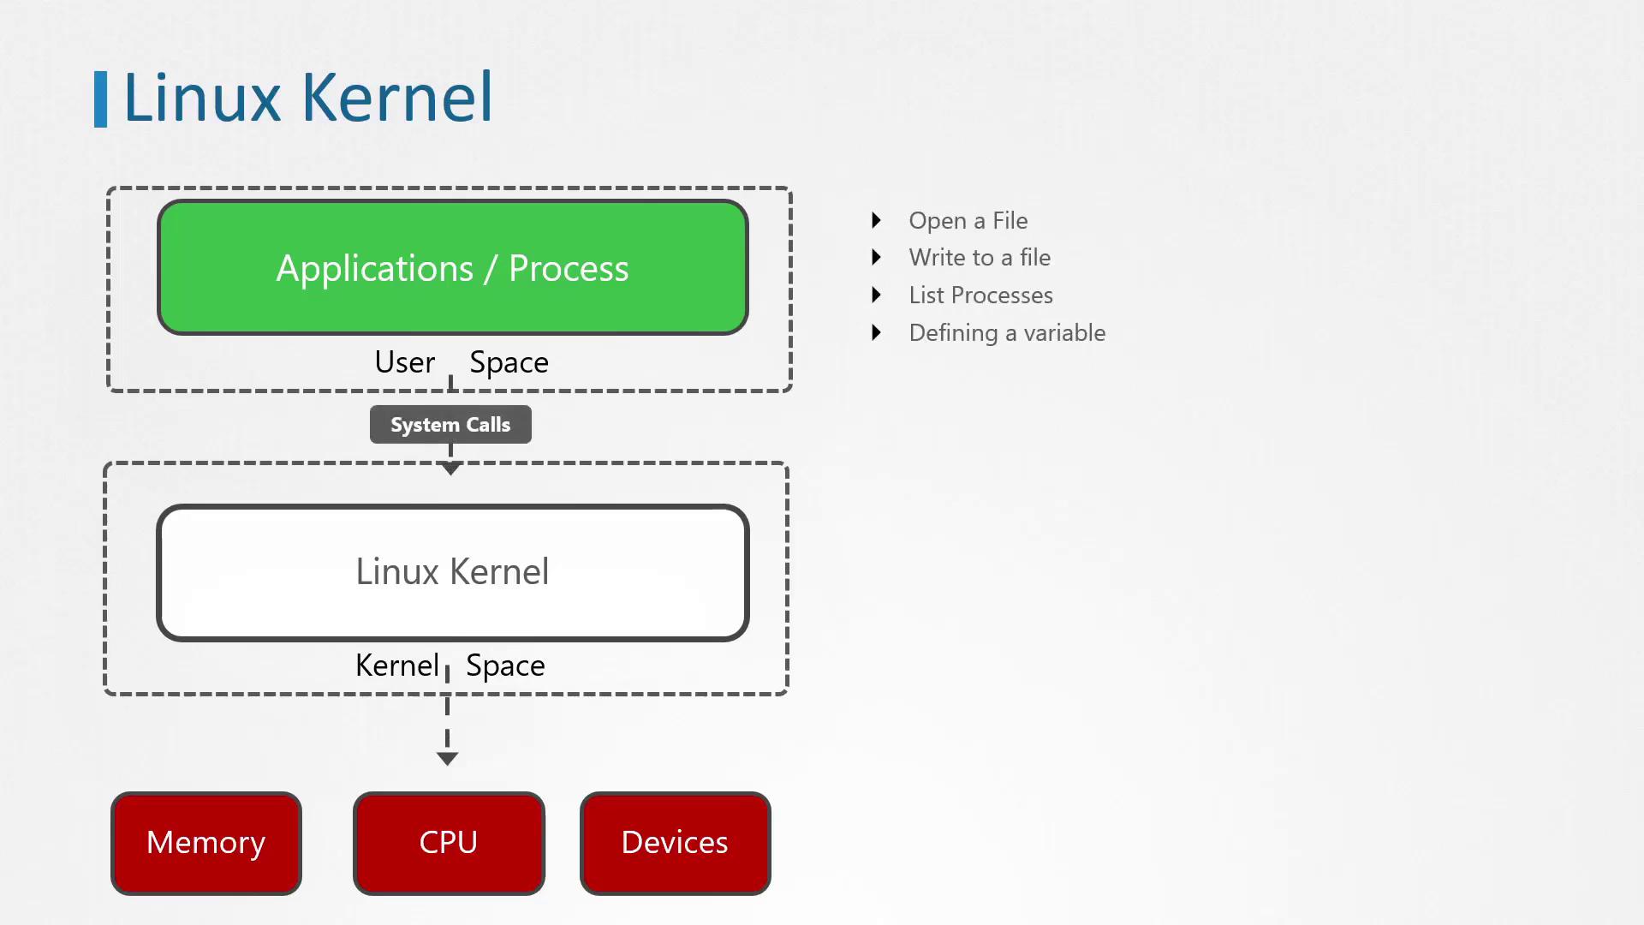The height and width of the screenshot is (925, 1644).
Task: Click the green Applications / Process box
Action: pyautogui.click(x=452, y=267)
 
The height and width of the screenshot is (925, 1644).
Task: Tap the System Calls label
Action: pyautogui.click(x=450, y=425)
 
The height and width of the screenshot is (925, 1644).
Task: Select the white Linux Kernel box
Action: pyautogui.click(x=452, y=572)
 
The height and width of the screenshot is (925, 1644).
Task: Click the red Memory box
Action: pyautogui.click(x=206, y=843)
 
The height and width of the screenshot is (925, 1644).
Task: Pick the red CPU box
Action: pyautogui.click(x=449, y=843)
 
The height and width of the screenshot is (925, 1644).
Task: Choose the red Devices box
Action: pyautogui.click(x=675, y=843)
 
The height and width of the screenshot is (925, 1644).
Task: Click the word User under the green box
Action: pyautogui.click(x=404, y=362)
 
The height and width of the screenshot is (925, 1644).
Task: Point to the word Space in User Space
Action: pyautogui.click(x=509, y=362)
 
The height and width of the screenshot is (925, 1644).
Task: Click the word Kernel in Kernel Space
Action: pyautogui.click(x=396, y=665)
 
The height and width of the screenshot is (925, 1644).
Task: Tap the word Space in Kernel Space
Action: pyautogui.click(x=505, y=665)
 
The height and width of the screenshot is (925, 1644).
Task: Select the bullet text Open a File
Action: pyautogui.click(x=968, y=221)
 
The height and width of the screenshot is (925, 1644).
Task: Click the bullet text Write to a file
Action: pyautogui.click(x=980, y=258)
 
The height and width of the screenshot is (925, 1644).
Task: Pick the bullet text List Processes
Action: pyautogui.click(x=980, y=295)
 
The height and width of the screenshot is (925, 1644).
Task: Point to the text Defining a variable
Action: pyautogui.click(x=1007, y=333)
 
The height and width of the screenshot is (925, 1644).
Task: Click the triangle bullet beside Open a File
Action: pyautogui.click(x=876, y=221)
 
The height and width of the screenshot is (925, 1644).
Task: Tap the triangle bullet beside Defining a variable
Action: pyautogui.click(x=876, y=333)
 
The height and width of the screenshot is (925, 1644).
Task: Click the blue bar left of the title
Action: pyautogui.click(x=100, y=99)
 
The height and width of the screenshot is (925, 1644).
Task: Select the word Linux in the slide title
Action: pyautogui.click(x=202, y=98)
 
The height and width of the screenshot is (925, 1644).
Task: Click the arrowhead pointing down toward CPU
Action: pyautogui.click(x=447, y=759)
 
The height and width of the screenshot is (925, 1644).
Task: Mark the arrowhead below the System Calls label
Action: pyautogui.click(x=450, y=468)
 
